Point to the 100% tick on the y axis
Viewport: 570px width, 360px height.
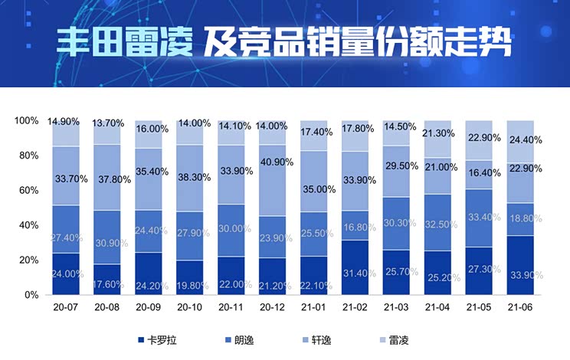tap(26, 121)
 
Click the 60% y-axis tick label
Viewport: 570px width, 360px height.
tap(28, 190)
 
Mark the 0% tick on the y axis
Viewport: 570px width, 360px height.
tap(31, 295)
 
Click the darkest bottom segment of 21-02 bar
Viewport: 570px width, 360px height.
tap(355, 267)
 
